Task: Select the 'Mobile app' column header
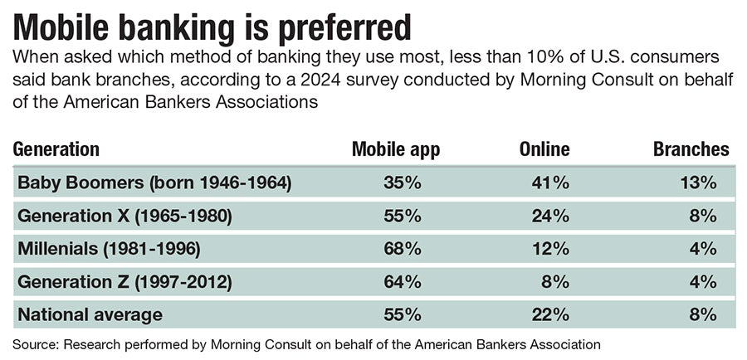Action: coord(395,149)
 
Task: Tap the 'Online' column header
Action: coord(544,149)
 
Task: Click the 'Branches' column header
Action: coord(691,149)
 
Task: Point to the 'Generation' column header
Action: coord(56,149)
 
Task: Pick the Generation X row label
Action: coord(124,216)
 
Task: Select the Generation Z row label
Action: coord(124,282)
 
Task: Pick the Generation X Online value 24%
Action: coord(550,216)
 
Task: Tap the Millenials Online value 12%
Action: coord(550,249)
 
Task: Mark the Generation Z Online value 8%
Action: coord(555,282)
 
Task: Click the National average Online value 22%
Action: coord(550,314)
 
